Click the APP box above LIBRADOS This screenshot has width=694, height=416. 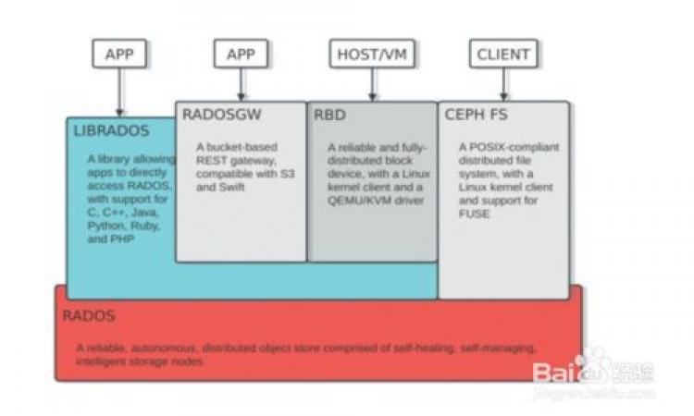tap(119, 54)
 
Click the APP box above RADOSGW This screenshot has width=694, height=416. tap(241, 54)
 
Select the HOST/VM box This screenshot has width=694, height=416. tap(372, 54)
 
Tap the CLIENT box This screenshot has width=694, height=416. tap(502, 54)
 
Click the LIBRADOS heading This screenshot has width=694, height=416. tap(110, 131)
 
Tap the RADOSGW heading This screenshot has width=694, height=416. tap(221, 116)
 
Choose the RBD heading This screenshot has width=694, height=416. tap(328, 116)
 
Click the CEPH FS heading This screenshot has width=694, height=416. tap(477, 116)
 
